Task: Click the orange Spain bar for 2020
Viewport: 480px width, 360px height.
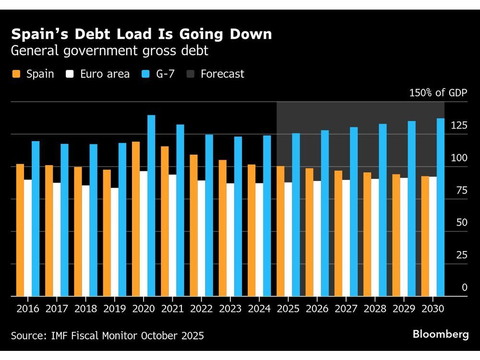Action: [136, 219]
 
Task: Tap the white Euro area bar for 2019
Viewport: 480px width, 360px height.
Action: [115, 242]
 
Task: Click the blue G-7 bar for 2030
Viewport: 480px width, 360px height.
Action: [441, 207]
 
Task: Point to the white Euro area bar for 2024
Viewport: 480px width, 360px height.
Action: [260, 240]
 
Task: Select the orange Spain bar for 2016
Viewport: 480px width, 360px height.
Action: [20, 230]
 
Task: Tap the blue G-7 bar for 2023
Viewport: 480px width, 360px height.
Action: [238, 216]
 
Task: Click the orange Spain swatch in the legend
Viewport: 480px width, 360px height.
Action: [16, 74]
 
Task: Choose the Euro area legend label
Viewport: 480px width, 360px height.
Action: [105, 74]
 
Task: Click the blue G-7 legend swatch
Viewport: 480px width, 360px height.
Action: [146, 74]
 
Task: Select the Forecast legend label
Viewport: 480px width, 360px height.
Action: [222, 74]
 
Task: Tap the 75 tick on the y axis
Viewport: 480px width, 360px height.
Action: [461, 191]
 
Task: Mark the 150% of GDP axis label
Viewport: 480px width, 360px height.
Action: [438, 93]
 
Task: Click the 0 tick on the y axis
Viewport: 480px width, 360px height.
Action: [464, 288]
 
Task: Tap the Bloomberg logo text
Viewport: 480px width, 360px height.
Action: [440, 335]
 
